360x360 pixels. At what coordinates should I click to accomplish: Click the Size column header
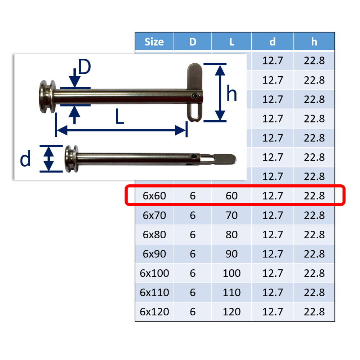154,42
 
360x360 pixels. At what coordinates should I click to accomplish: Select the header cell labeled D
193,42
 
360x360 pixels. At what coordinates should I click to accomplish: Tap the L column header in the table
231,42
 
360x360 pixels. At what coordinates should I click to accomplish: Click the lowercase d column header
273,42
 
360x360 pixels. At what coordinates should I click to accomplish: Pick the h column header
314,42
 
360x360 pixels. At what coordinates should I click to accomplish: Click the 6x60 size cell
154,196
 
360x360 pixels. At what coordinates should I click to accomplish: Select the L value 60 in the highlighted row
231,196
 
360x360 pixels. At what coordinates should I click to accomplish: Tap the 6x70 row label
154,215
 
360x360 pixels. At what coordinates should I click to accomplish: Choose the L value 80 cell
231,235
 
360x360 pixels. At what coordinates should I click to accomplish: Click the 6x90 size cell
154,254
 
